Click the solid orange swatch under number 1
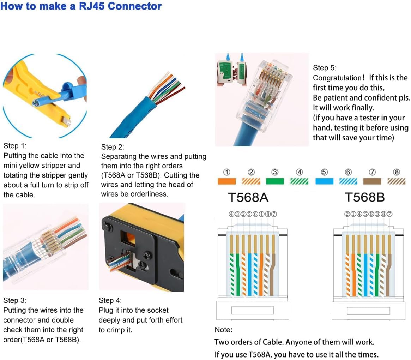click(226, 181)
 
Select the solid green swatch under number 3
click(275, 181)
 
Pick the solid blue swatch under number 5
click(324, 181)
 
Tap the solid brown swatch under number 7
click(372, 181)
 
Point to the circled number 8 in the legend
click(396, 172)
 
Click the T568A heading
click(248, 197)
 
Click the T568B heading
click(364, 197)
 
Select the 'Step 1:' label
click(15, 146)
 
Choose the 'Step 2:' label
click(113, 147)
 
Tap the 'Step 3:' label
click(15, 300)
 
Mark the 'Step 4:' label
click(110, 300)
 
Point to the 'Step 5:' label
click(325, 67)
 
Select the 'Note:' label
click(223, 330)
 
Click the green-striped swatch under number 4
click(299, 181)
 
